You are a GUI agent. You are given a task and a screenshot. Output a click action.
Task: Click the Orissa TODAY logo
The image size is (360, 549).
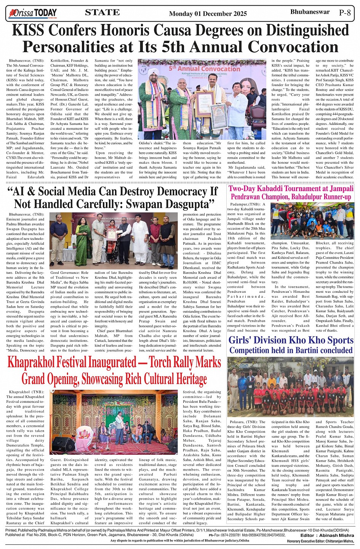tap(33, 13)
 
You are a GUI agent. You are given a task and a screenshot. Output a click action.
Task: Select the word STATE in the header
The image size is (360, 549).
tap(102, 13)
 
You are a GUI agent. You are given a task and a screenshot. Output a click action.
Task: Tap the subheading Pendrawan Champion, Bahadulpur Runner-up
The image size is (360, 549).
tap(291, 197)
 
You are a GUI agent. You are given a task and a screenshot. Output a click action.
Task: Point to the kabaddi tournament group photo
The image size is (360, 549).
tap(312, 221)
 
